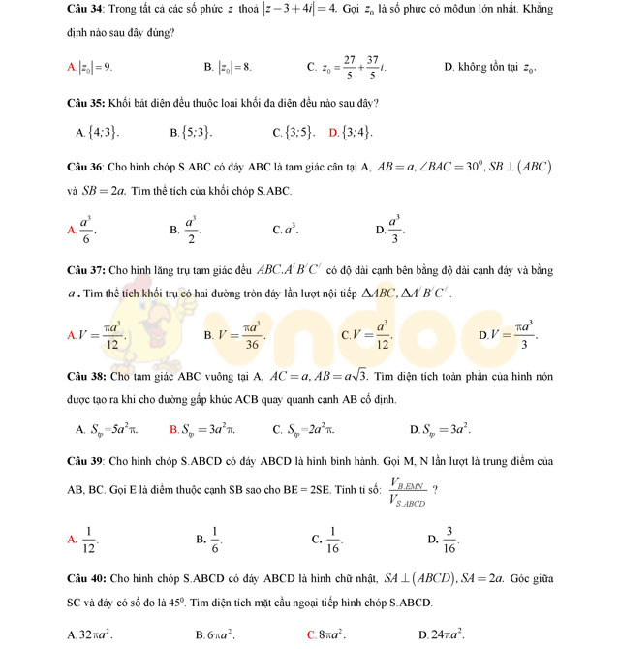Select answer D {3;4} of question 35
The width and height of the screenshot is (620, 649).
click(356, 133)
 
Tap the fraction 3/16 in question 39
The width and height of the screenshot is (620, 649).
click(449, 540)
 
